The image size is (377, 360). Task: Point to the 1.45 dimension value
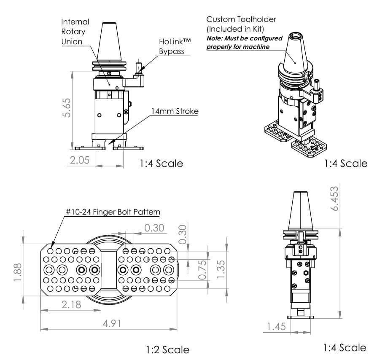coord(277,326)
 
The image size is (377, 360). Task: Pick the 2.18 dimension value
coord(71,304)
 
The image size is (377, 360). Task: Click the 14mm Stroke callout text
coord(175,111)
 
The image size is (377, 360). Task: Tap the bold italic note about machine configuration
coord(244,43)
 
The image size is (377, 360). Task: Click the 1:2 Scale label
coord(168,349)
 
